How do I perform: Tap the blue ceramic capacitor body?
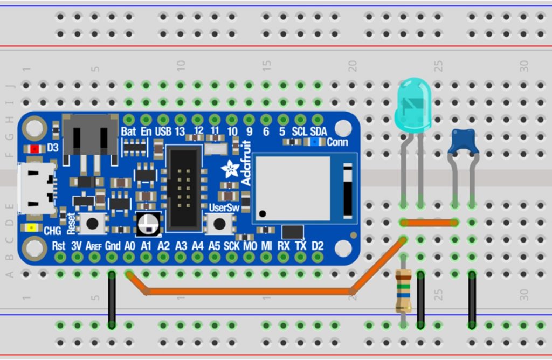pos(464,142)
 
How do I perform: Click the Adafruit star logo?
pos(231,169)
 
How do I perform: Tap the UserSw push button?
pos(218,223)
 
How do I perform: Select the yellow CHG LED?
pos(33,228)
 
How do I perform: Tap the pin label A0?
pos(129,246)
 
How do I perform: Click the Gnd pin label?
pos(112,246)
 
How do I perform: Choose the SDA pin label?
pos(318,131)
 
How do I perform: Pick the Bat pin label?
pos(128,131)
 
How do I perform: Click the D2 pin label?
pos(318,246)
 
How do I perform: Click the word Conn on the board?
pos(337,142)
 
